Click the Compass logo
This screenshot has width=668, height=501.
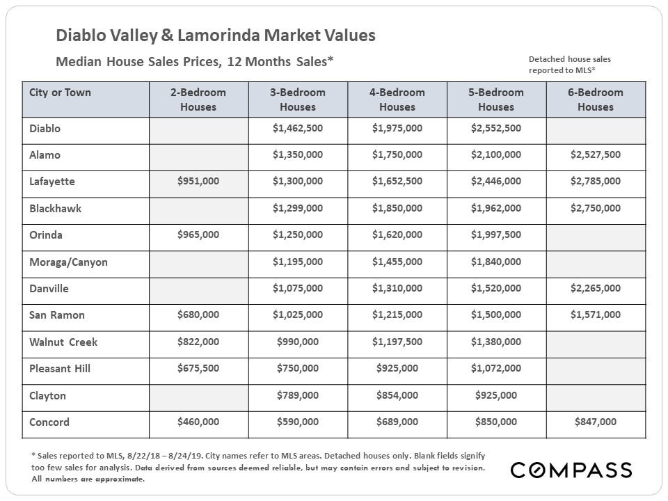coord(571,470)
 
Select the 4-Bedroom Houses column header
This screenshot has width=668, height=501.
coord(397,100)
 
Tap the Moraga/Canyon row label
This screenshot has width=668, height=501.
coord(68,262)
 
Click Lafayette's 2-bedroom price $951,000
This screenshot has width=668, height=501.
coord(198,181)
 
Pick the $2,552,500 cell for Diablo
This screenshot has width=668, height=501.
coord(496,128)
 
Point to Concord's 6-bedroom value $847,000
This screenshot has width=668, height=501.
coord(596,422)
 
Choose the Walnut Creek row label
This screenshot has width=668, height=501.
coord(63,342)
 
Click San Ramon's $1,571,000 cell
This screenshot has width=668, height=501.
coord(596,315)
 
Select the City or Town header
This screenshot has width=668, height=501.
coord(60,93)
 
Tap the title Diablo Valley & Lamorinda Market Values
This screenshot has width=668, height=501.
coord(216,35)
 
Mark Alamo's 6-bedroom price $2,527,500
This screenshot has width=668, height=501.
coord(596,154)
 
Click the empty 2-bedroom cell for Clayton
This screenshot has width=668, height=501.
coord(199,398)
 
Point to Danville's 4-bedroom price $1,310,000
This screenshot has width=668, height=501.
coord(397,288)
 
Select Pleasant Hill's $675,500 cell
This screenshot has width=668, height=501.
coord(198,368)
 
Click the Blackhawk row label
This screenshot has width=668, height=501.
coord(56,208)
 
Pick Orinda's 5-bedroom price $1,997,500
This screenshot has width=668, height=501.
coord(496,234)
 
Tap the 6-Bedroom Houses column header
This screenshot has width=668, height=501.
coord(596,100)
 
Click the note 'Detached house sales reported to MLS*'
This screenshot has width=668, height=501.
coord(570,65)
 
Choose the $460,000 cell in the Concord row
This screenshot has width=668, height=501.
coord(198,422)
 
